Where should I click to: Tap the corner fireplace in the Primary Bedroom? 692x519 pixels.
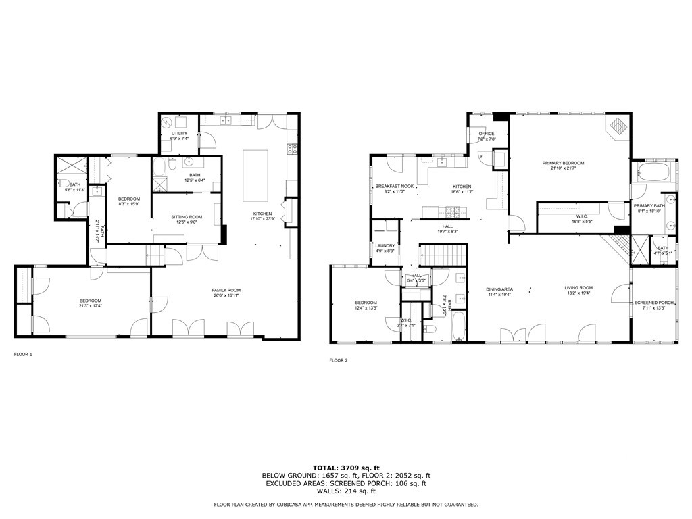617,126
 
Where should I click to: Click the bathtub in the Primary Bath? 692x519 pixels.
652,171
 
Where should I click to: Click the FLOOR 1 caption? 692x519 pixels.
23,354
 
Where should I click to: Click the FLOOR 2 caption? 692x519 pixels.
338,360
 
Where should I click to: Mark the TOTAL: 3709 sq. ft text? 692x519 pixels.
345,467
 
